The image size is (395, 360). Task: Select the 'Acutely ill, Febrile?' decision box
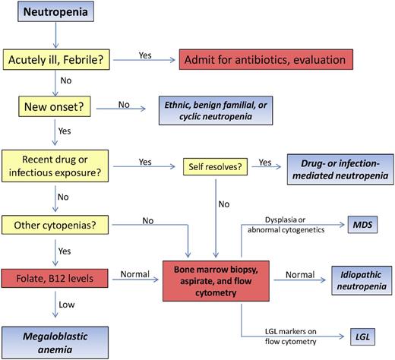coord(58,58)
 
